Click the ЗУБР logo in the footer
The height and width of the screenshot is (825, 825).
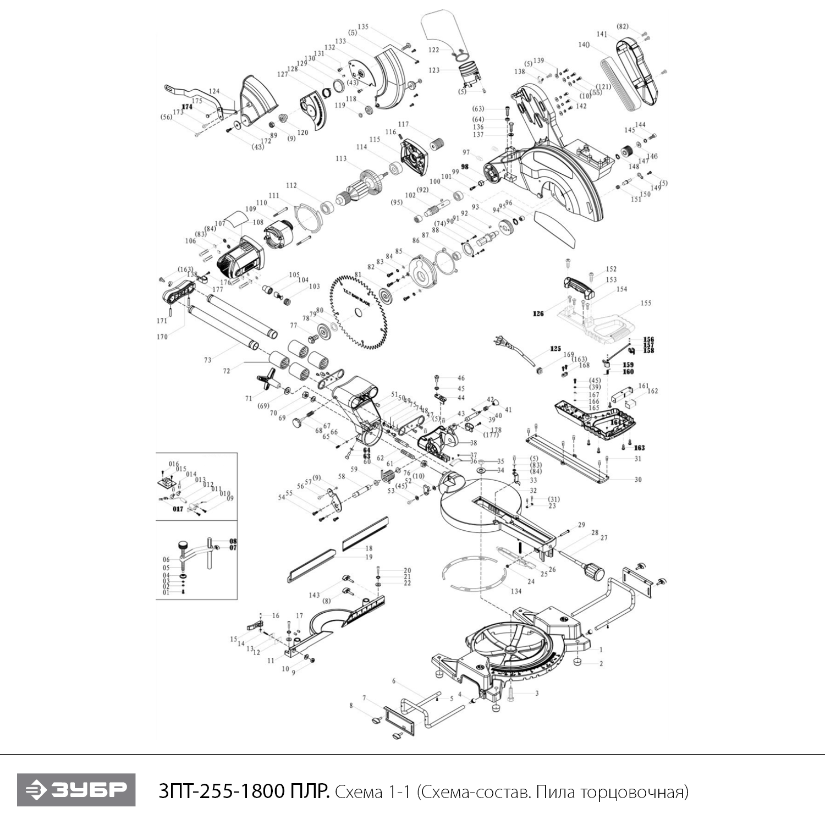76,790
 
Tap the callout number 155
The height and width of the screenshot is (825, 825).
646,303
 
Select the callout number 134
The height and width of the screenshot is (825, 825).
516,591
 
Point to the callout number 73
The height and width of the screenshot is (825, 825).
207,360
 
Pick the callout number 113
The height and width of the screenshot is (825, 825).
341,159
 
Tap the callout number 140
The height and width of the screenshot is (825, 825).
584,45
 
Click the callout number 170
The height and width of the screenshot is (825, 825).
162,337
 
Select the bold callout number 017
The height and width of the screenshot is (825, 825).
178,509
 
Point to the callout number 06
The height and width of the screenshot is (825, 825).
166,560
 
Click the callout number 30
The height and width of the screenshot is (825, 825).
638,480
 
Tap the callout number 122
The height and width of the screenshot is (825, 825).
434,50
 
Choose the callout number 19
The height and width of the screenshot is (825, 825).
369,557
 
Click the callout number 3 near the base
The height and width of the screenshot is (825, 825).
537,694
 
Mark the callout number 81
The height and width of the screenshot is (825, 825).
358,274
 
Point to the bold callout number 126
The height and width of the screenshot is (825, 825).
538,313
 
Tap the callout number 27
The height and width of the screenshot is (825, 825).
604,538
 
